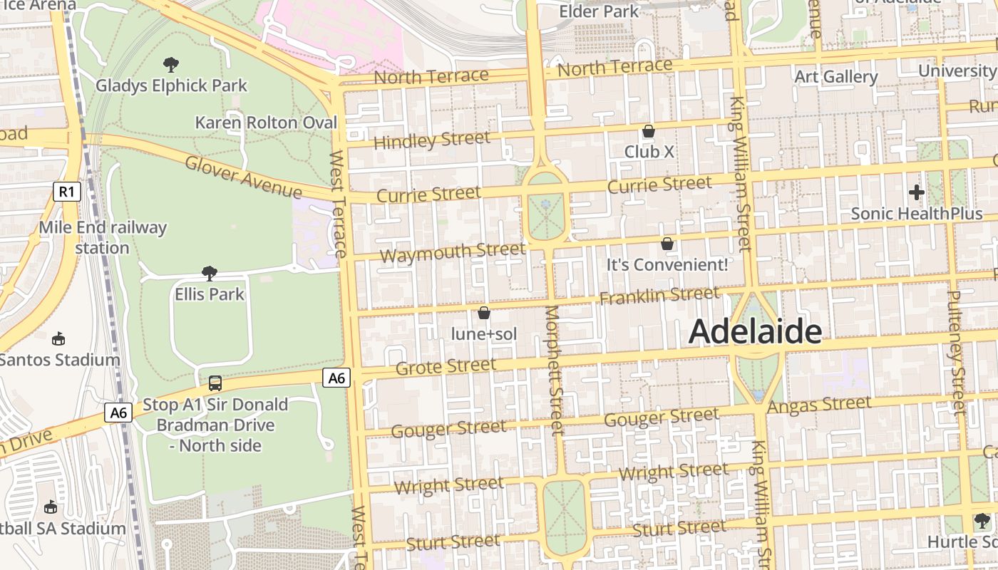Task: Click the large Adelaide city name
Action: coord(755,331)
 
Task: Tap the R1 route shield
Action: coord(66,191)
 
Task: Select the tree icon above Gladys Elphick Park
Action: coord(171,66)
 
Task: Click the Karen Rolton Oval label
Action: coord(266,123)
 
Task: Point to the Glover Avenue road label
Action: coord(243,177)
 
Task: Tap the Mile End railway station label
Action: coord(103,238)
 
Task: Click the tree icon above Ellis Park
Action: coord(209,274)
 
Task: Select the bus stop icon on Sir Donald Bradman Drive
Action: coord(215,383)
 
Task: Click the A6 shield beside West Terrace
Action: coord(336,378)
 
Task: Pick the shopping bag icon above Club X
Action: coord(649,132)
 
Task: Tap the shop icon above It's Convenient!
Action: coord(667,244)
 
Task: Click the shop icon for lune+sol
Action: coord(484,313)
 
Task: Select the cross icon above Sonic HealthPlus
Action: coord(916,192)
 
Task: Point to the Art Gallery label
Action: coord(835,77)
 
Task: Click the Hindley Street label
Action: coord(432,140)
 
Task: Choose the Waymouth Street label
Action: coord(453,252)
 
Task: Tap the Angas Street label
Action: coord(819,405)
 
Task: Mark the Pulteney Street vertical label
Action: coord(957,353)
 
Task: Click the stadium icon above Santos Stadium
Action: coord(59,338)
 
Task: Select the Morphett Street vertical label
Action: coord(554,370)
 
